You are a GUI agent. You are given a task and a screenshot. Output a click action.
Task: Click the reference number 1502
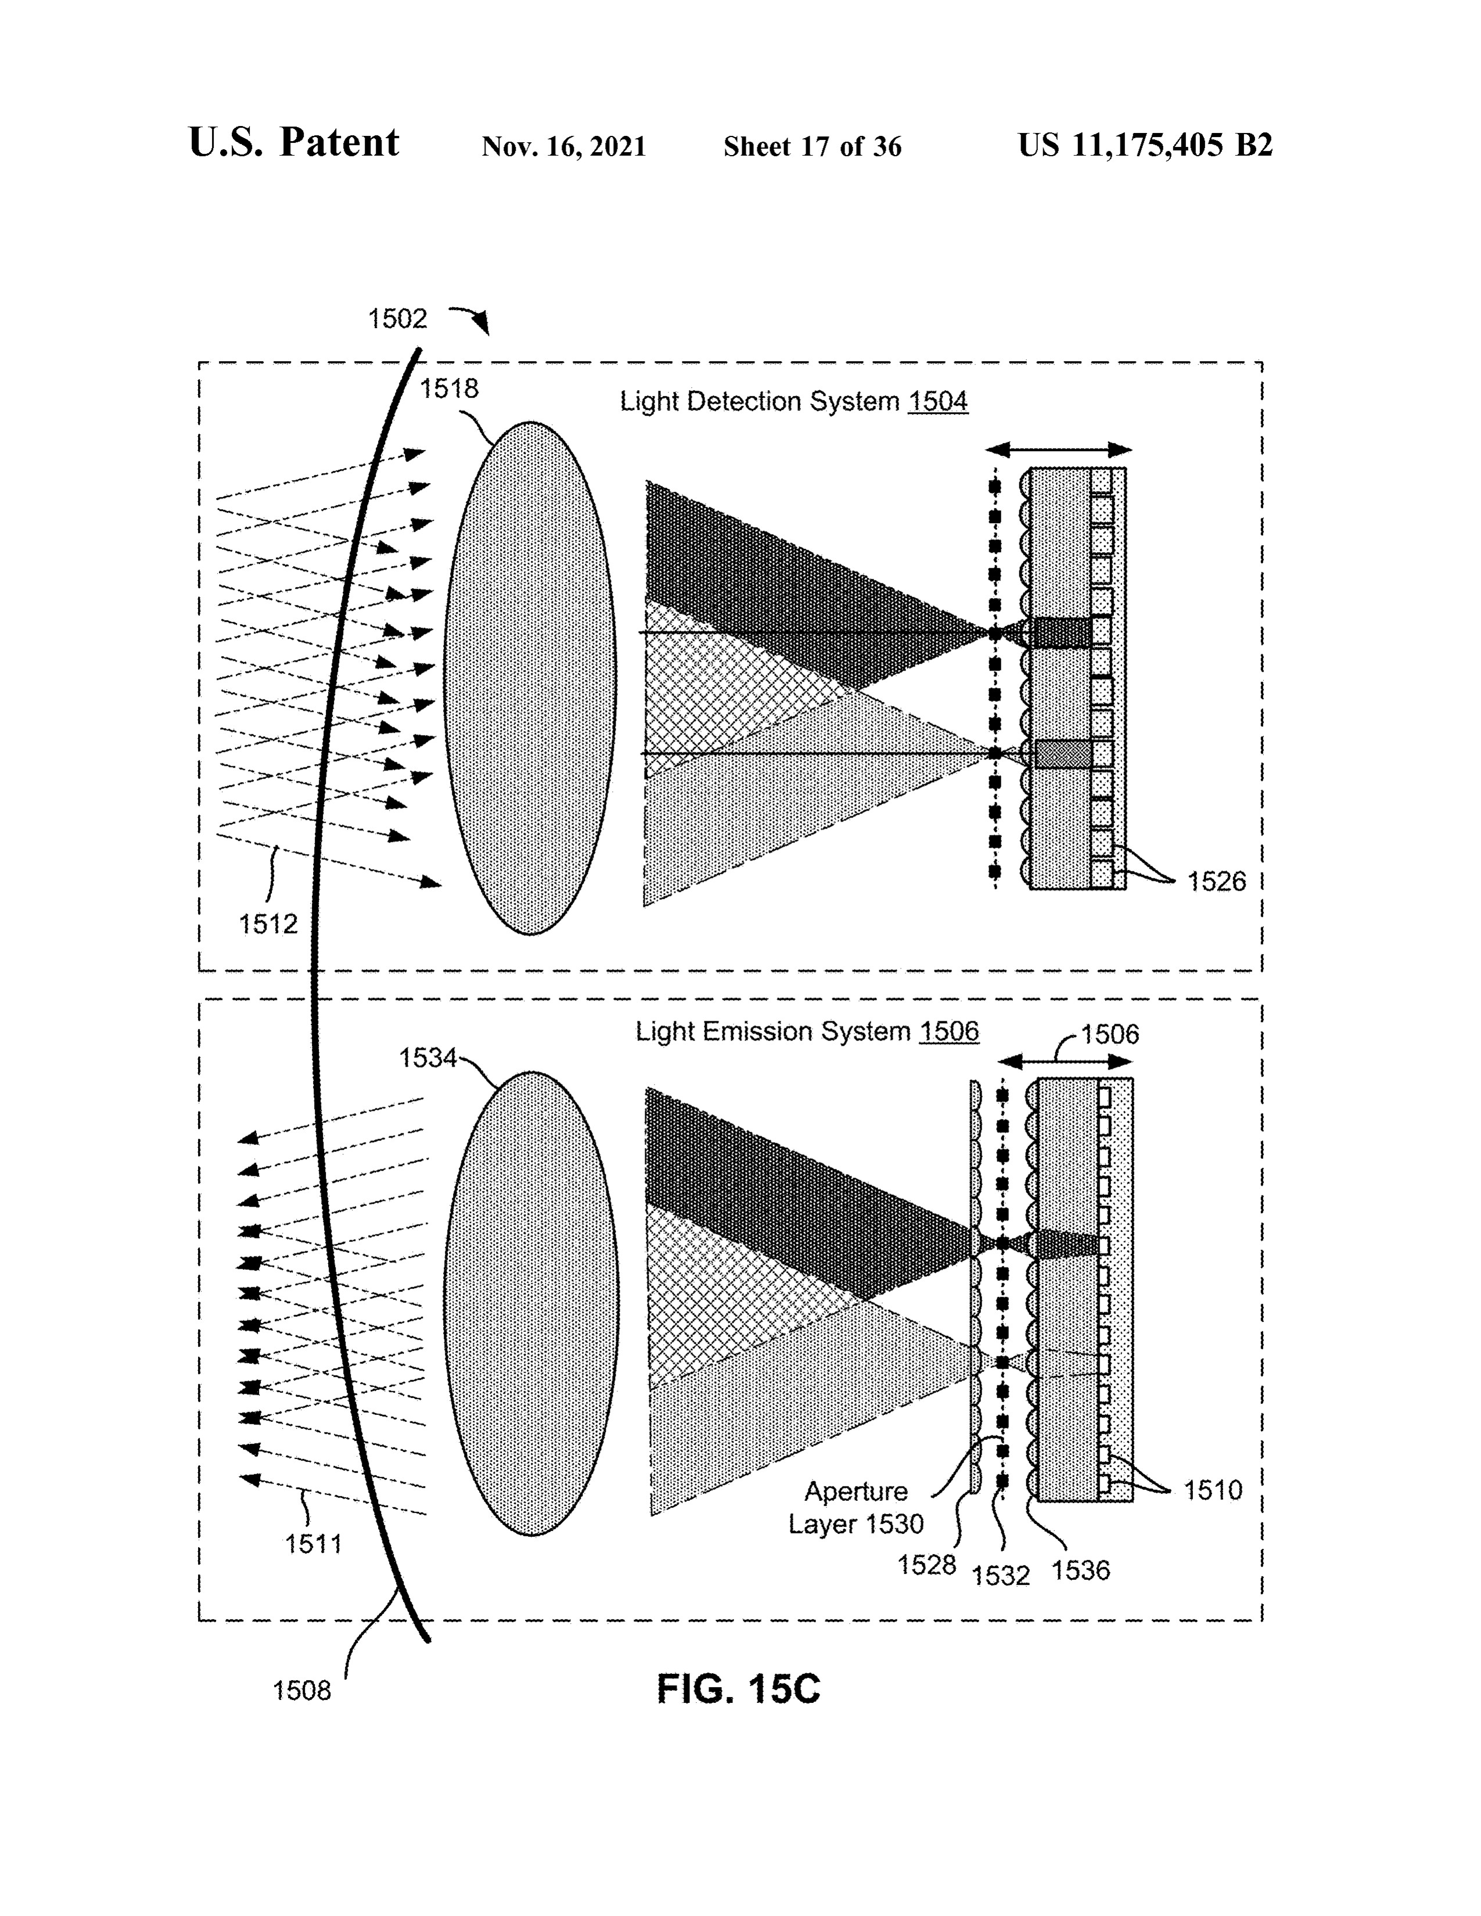tap(397, 318)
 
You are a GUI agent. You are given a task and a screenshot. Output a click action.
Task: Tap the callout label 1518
tap(448, 388)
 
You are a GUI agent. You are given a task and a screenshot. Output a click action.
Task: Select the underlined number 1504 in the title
tap(938, 401)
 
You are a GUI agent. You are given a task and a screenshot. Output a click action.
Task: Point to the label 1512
tap(268, 923)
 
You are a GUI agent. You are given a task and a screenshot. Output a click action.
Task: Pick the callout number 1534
tap(428, 1058)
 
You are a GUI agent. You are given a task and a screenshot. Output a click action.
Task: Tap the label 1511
tap(313, 1568)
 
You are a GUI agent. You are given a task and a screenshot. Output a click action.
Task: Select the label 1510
tap(1213, 1490)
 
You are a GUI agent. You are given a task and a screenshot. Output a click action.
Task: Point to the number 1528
tap(926, 1564)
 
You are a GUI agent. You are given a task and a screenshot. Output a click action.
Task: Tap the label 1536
tap(1081, 1569)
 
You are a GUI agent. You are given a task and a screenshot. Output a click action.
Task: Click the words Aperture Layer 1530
tap(855, 1507)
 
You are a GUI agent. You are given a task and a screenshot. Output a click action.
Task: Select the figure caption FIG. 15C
tap(739, 1688)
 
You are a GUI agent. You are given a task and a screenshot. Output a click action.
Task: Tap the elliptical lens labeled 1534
tap(531, 1303)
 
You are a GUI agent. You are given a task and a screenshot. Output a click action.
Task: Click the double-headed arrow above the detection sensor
tap(1058, 450)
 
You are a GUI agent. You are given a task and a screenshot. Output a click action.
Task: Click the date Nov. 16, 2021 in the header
tap(564, 146)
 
